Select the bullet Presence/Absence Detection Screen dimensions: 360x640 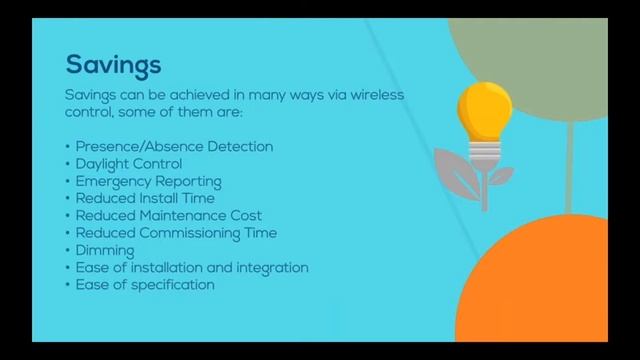pos(173,146)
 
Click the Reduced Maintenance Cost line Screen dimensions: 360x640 pos(168,215)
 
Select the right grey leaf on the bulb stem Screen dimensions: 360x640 pos(501,177)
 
